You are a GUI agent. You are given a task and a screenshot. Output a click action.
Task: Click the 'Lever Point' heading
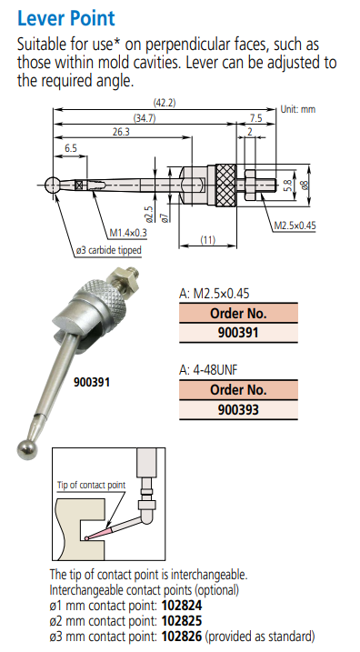tap(66, 18)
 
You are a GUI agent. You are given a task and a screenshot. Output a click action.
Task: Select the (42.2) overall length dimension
tap(165, 103)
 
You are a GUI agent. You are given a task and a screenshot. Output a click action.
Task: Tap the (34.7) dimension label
tap(145, 117)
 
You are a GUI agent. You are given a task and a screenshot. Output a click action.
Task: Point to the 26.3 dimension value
tap(121, 132)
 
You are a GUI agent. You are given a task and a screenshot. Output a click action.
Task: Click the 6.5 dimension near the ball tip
tap(71, 148)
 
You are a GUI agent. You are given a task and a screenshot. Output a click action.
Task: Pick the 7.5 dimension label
tap(255, 117)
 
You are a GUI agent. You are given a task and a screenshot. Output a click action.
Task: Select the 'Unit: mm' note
tap(298, 109)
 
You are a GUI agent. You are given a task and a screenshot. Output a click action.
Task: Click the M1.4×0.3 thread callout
tap(128, 233)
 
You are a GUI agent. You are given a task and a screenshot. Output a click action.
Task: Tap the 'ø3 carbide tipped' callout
tap(108, 251)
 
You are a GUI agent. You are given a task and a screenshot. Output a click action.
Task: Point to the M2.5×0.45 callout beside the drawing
tap(295, 226)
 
